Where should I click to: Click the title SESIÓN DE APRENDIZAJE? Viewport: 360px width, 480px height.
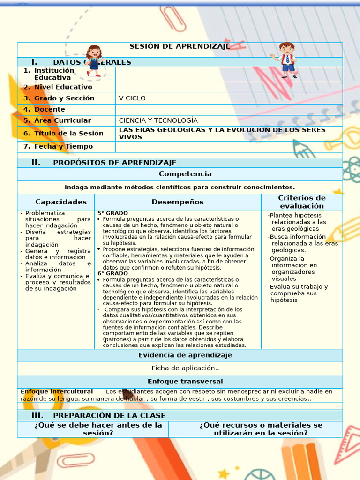click(180, 46)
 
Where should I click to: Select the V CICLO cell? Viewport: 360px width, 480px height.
click(132, 98)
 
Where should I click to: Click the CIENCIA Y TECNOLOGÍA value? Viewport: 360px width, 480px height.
click(158, 120)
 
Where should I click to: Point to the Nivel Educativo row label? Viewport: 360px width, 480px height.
click(63, 87)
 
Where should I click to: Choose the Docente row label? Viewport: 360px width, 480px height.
click(49, 109)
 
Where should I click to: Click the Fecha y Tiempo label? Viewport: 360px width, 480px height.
click(63, 146)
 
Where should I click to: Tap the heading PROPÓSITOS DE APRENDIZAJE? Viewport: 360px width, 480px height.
click(114, 163)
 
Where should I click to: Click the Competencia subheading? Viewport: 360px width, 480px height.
click(185, 174)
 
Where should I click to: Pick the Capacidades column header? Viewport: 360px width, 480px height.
click(61, 202)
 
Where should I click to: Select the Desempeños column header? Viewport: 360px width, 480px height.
click(178, 202)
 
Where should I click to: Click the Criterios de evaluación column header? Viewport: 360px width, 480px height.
click(301, 202)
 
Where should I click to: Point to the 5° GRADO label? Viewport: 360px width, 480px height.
click(112, 213)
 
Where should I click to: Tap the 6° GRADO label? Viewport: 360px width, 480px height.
click(112, 273)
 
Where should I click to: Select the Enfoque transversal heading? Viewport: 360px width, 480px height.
click(185, 382)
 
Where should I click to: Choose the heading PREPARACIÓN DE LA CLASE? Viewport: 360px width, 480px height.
click(109, 416)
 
